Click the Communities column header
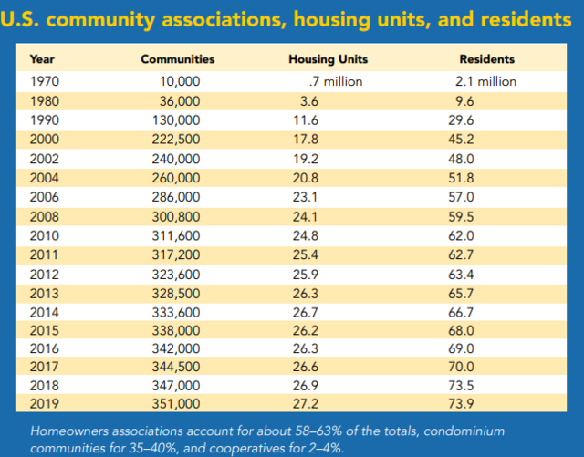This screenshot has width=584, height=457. point(178,59)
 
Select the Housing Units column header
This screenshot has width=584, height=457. point(328,59)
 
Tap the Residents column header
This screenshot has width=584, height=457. point(486,59)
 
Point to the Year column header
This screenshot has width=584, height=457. point(42,59)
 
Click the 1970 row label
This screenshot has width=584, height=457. point(45,81)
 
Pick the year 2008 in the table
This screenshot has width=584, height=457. point(45,217)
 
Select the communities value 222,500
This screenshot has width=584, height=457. point(176,140)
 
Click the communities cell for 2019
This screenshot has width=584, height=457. point(176,404)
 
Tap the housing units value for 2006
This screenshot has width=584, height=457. point(305,197)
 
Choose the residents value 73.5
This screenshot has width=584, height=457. point(461,386)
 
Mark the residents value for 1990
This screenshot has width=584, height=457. point(461,120)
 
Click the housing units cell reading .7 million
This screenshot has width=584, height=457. point(336,81)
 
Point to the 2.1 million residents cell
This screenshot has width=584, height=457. point(485,81)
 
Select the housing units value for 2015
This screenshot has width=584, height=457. point(305,330)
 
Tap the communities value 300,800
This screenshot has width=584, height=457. point(176,217)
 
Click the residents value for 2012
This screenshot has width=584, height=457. point(461,275)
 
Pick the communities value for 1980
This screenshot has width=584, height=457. point(180,101)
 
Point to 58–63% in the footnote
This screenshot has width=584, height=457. point(318,431)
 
